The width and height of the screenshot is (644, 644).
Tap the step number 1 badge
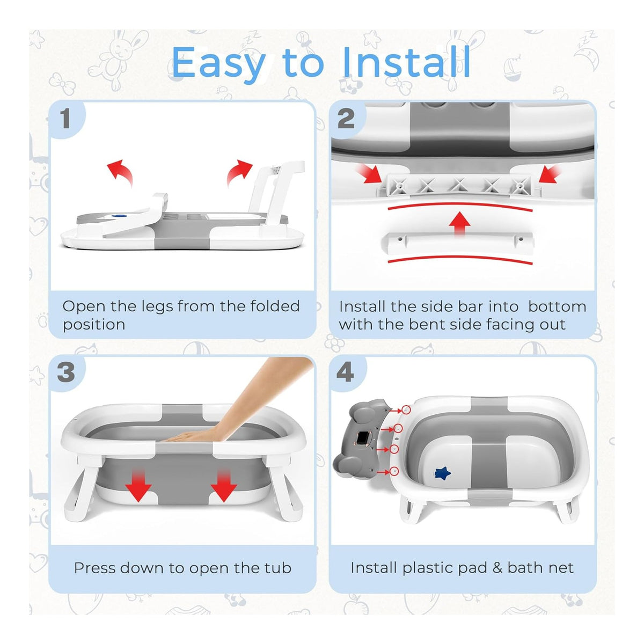(x=66, y=119)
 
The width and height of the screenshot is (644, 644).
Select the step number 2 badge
(x=347, y=119)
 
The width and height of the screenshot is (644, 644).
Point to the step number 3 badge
(x=66, y=372)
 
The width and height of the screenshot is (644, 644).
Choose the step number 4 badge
(x=347, y=372)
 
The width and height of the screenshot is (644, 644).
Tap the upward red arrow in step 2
(x=460, y=222)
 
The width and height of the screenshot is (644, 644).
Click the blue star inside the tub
(x=442, y=473)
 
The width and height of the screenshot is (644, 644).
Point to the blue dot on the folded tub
(x=116, y=216)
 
